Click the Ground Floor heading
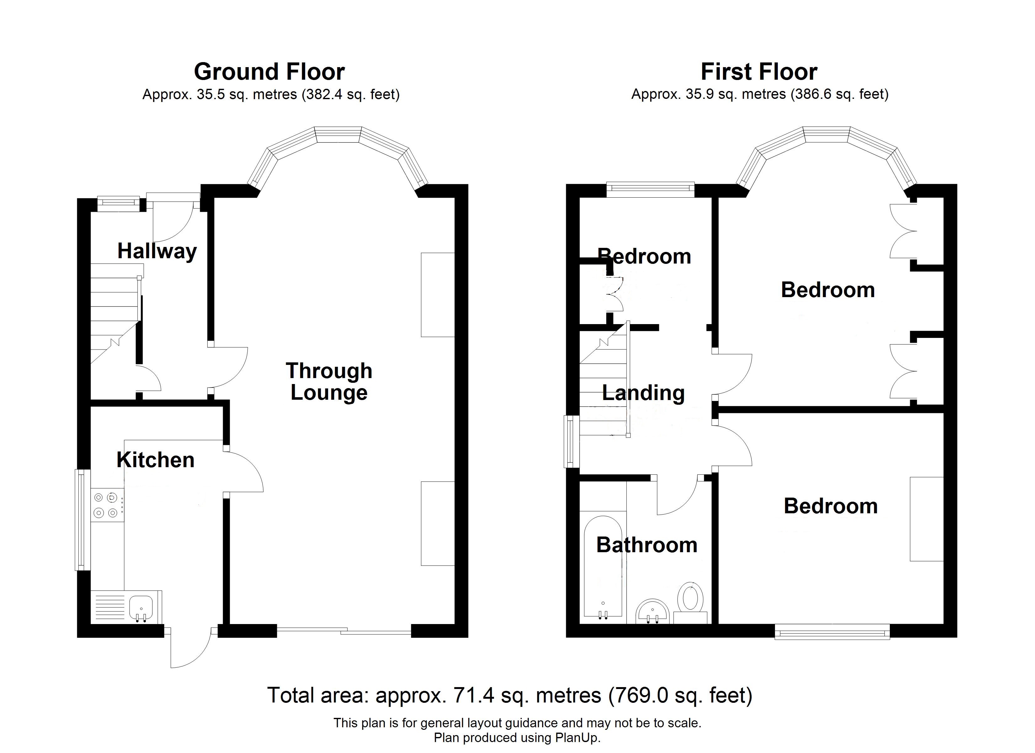[269, 72]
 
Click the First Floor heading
[759, 72]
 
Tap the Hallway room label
[157, 251]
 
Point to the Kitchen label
[156, 460]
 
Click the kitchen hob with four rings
[107, 505]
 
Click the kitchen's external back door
[189, 649]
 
